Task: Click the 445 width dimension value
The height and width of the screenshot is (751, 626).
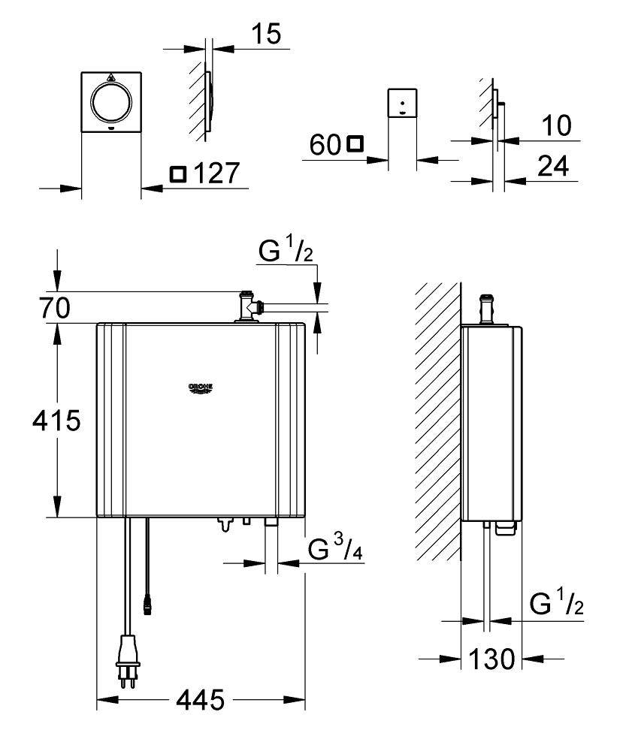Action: pyautogui.click(x=200, y=700)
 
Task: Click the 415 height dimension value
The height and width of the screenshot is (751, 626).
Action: pyautogui.click(x=56, y=420)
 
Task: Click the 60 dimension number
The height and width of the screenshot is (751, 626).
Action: pyautogui.click(x=325, y=145)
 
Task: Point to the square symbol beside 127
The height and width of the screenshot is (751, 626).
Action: pyautogui.click(x=177, y=174)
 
